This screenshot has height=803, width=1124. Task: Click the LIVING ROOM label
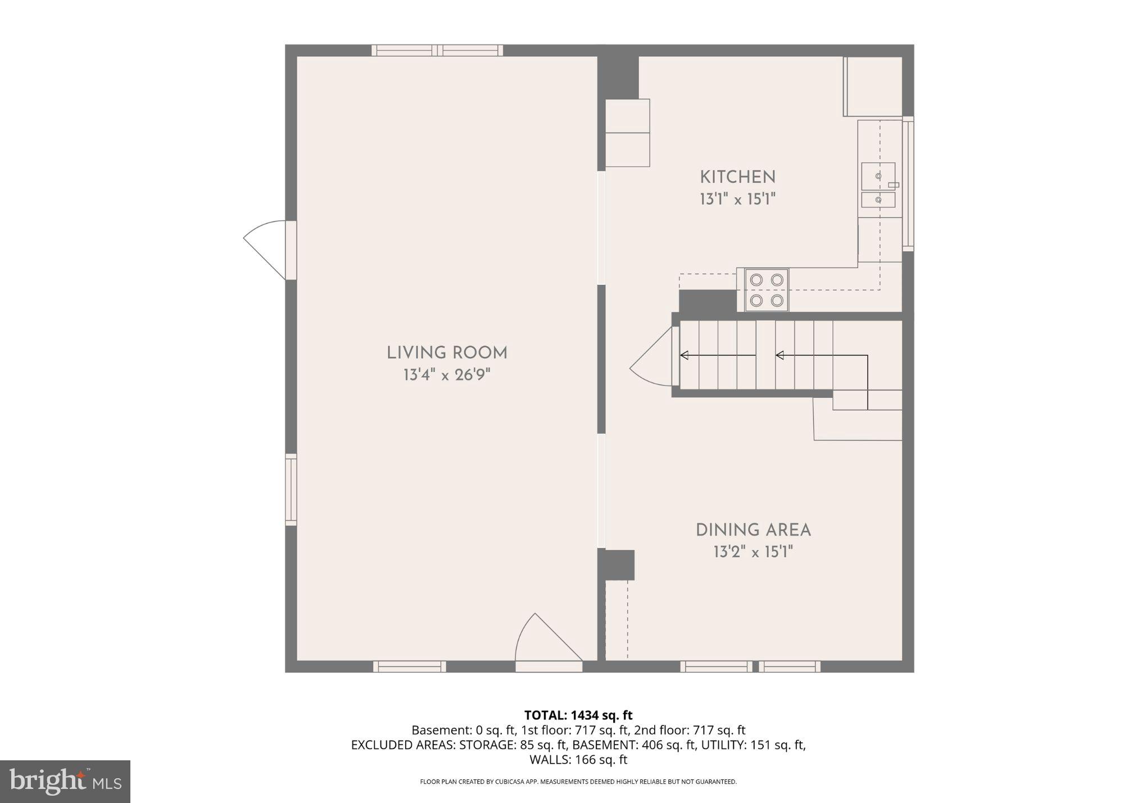447,353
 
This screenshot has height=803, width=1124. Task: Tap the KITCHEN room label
737,177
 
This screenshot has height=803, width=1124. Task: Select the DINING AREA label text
753,530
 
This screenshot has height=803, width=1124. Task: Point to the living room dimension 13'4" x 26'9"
447,375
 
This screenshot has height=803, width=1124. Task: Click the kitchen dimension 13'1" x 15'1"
737,199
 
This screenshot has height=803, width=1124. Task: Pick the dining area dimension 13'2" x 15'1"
753,552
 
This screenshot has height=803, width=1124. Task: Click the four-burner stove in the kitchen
767,290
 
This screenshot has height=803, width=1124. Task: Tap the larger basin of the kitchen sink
878,176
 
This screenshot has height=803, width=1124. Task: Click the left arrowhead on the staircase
684,355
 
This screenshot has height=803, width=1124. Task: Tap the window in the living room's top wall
437,51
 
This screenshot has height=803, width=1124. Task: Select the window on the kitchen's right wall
908,184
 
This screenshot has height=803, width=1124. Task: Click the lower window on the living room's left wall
291,489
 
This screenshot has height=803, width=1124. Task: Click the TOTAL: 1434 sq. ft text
578,715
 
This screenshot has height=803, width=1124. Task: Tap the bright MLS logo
65,781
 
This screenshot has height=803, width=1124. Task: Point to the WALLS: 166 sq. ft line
578,760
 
